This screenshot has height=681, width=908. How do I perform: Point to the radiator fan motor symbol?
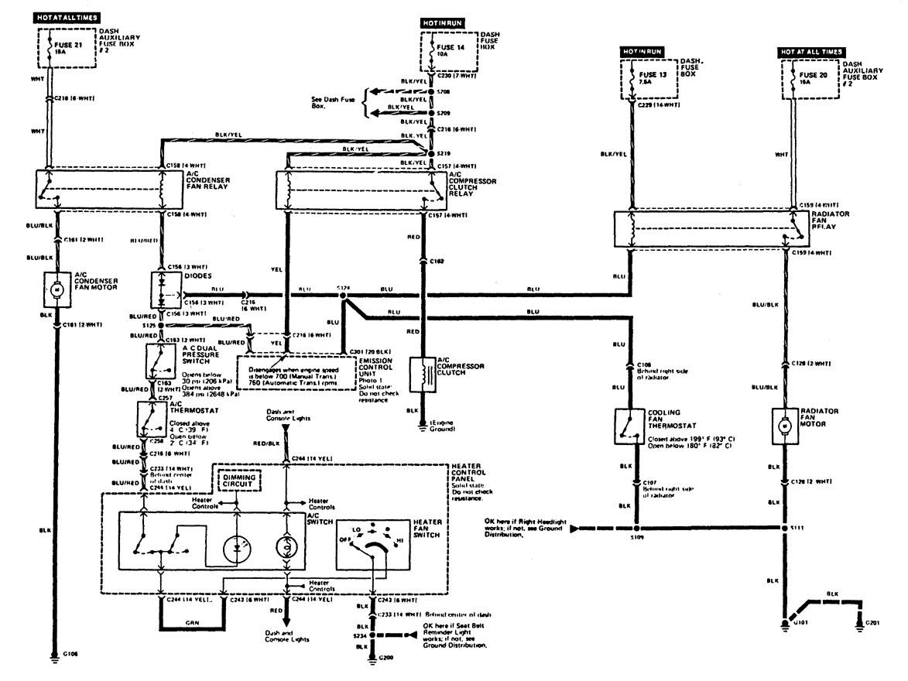785,426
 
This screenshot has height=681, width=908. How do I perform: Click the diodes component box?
166,288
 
